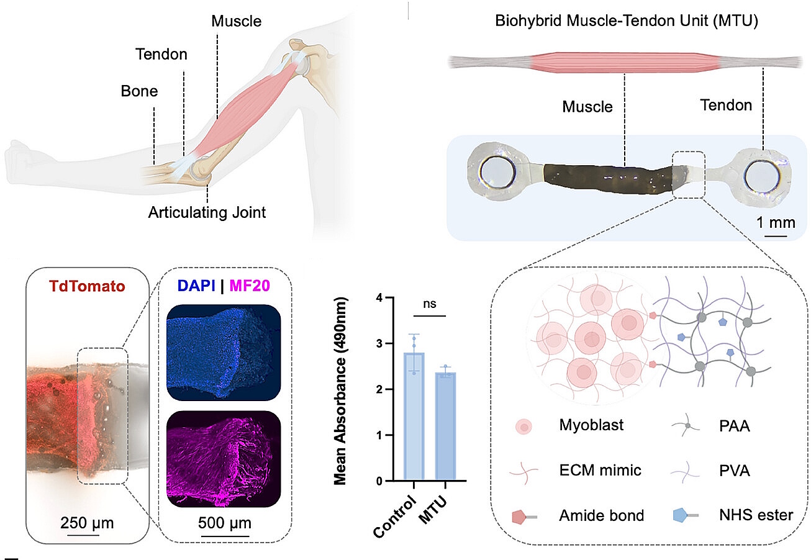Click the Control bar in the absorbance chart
click(x=414, y=416)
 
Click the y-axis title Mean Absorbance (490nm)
click(x=341, y=391)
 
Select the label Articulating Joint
click(x=207, y=213)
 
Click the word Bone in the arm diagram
click(x=139, y=92)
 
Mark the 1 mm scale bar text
click(x=776, y=222)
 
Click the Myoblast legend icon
click(x=524, y=426)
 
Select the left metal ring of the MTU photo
click(x=495, y=169)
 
